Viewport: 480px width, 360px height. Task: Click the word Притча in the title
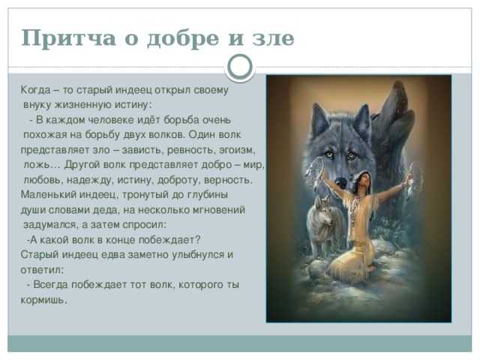(x=68, y=38)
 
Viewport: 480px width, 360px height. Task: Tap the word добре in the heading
(x=183, y=39)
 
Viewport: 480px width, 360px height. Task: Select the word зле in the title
(x=273, y=38)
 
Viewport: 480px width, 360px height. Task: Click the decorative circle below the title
(x=240, y=67)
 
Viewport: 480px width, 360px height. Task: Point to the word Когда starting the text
(x=35, y=90)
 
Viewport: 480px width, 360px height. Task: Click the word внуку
(x=37, y=105)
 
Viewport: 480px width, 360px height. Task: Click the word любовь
(x=43, y=180)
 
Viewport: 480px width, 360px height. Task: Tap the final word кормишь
(x=43, y=300)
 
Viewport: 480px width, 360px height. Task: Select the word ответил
(x=43, y=270)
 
